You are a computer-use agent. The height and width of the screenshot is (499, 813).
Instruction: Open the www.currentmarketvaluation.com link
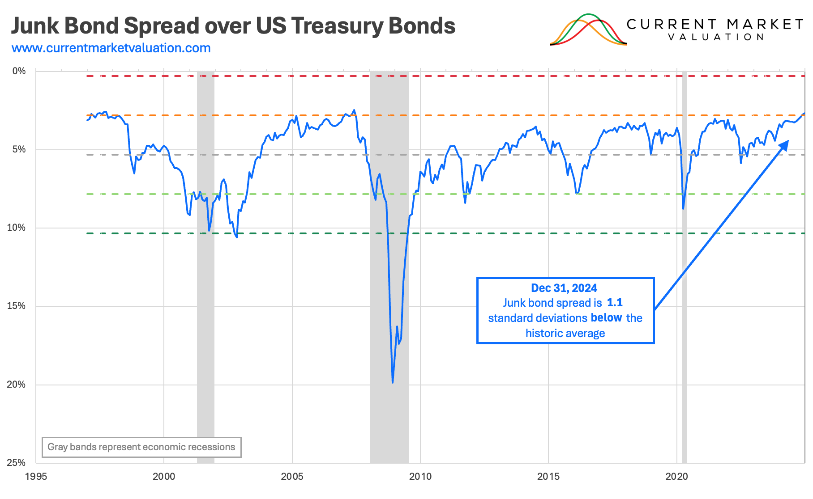(x=111, y=48)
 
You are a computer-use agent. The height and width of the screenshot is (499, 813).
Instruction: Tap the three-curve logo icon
(x=588, y=30)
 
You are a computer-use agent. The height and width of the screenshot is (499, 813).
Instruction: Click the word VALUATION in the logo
(x=715, y=37)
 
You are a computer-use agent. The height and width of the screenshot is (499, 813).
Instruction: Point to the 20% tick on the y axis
(x=16, y=385)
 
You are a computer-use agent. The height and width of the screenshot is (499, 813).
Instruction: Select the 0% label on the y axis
(x=19, y=71)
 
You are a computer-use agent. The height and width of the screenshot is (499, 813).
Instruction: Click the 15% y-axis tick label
(x=16, y=306)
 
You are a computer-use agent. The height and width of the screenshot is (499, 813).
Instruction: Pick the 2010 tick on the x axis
(x=420, y=476)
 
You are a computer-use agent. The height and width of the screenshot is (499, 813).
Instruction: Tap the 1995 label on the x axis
(x=36, y=476)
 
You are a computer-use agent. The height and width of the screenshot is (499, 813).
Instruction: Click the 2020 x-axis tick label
(x=676, y=476)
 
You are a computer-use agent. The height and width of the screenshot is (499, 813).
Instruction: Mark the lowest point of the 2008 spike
(x=393, y=382)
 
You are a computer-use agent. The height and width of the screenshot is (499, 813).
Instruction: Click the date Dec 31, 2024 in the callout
(x=564, y=288)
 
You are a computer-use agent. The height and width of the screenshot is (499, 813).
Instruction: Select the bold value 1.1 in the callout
(x=615, y=303)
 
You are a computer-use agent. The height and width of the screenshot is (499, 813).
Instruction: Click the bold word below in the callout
(x=606, y=318)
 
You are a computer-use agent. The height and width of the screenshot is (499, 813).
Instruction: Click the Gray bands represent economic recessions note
(x=141, y=447)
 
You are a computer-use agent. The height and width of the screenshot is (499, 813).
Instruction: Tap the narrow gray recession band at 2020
(x=684, y=268)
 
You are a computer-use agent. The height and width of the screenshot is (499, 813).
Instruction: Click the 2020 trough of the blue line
(x=683, y=208)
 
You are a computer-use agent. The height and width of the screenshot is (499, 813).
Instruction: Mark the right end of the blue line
(x=804, y=113)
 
